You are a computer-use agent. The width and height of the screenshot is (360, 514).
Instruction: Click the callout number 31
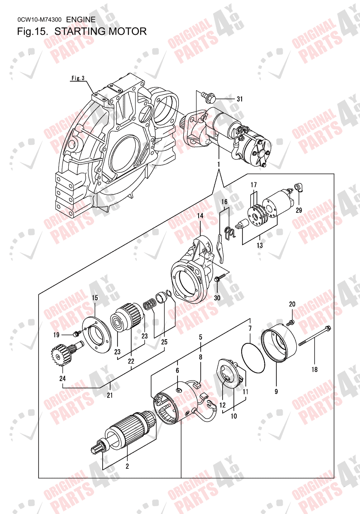(x=240, y=99)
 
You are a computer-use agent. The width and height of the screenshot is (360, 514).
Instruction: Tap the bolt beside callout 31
(x=207, y=97)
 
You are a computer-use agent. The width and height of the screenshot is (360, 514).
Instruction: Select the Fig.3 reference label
(x=78, y=78)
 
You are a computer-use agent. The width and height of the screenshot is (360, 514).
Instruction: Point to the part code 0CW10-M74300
(x=39, y=19)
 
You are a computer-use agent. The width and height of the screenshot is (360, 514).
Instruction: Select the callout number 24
(x=62, y=378)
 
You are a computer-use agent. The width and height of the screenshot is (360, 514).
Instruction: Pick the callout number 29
(x=299, y=210)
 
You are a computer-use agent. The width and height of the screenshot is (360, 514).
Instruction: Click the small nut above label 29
(x=298, y=188)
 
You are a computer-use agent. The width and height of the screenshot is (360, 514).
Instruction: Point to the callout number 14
(x=200, y=216)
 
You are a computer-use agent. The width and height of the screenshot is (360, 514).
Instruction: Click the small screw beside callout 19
(x=76, y=334)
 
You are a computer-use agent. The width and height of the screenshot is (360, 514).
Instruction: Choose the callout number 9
(x=276, y=390)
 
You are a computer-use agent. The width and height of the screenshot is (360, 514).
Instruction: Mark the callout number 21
(x=110, y=395)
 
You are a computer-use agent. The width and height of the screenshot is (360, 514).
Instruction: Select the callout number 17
(x=254, y=184)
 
